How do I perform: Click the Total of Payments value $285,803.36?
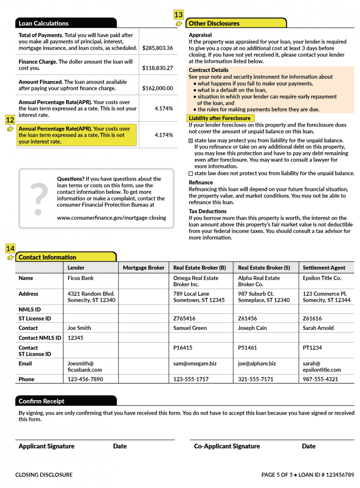coord(158,48)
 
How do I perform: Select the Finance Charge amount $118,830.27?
coord(158,68)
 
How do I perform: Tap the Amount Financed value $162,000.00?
coord(158,88)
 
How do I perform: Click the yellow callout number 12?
coord(10,120)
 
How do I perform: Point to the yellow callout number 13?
coord(178,14)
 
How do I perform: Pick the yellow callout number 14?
coord(10,248)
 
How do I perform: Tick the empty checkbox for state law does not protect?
coord(190,173)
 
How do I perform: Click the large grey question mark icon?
coord(39,198)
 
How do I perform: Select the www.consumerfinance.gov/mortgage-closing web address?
coord(111,218)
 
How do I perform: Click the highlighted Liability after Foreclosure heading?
coord(219,118)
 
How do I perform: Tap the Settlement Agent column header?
coord(324,268)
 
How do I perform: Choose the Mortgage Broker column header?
coord(144,268)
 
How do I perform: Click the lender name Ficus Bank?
coord(81,278)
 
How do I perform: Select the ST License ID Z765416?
coord(184,319)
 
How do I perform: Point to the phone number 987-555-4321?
coord(320,379)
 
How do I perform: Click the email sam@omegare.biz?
coord(195,364)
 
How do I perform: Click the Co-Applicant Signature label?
coord(227,446)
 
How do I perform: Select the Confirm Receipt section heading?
coord(42,401)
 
